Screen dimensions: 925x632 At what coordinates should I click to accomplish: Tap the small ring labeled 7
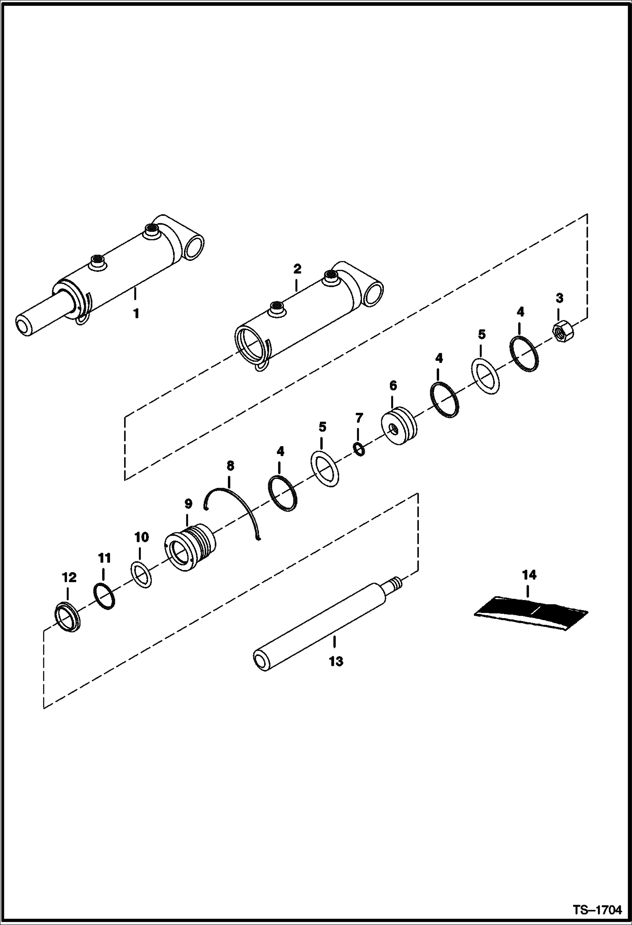pos(359,450)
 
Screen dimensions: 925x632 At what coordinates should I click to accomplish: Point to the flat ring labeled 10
pos(142,574)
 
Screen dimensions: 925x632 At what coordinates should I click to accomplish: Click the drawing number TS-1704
pos(597,911)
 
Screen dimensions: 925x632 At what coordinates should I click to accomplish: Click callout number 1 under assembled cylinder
pos(136,314)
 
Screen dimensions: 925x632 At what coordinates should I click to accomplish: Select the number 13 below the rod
pos(336,661)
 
